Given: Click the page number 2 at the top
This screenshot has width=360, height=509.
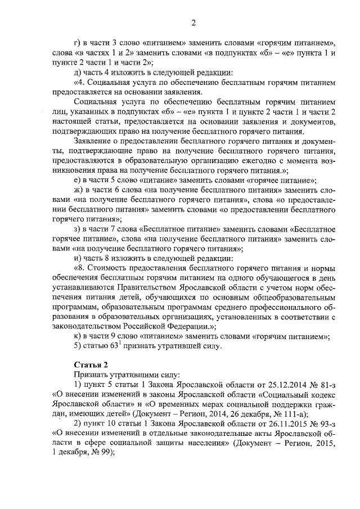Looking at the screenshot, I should (x=193, y=22).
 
